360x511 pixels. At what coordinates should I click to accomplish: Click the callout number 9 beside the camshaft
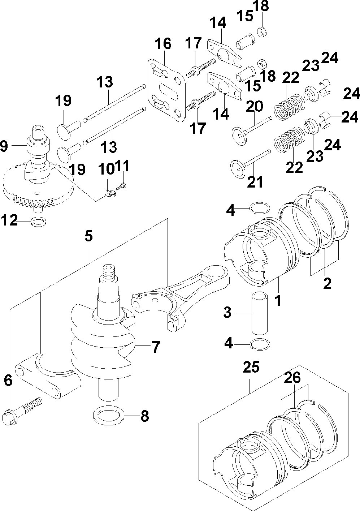click(4, 146)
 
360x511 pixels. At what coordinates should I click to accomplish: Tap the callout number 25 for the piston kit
click(251, 368)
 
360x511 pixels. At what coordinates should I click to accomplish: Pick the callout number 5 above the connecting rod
click(88, 237)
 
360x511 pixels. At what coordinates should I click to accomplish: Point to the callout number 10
click(107, 168)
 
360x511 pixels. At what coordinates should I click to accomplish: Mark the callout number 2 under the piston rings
click(327, 283)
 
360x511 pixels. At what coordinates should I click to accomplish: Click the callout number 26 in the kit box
click(292, 378)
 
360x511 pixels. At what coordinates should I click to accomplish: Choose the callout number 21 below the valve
click(255, 182)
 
